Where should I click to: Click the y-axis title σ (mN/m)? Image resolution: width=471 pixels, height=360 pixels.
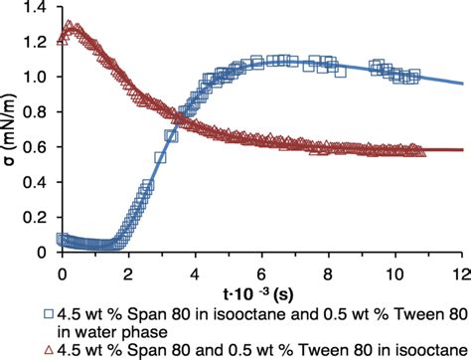click(x=11, y=129)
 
